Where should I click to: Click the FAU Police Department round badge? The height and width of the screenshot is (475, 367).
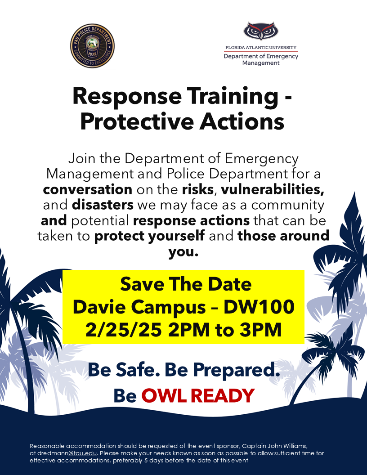pos(92,46)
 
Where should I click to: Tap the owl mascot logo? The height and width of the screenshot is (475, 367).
pos(261,31)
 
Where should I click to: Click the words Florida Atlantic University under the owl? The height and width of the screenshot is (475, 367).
pos(261,48)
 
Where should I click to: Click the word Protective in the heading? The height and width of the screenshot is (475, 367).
pos(137,122)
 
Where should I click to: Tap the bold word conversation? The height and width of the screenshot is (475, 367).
pos(88,189)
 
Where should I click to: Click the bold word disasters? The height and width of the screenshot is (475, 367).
pos(103,205)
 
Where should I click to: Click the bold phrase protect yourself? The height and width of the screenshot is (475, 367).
pos(150,236)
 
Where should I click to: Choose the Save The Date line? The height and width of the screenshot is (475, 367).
pos(186,284)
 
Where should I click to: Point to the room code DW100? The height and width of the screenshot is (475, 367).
pos(259,307)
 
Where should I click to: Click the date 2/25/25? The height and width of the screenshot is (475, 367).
pos(123,330)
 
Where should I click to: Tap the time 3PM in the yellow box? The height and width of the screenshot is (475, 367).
pos(261,330)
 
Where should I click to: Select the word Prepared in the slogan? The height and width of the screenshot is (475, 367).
pos(236,370)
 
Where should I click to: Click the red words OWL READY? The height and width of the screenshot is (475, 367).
pos(198,396)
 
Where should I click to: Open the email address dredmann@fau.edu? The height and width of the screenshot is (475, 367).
pos(67,453)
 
